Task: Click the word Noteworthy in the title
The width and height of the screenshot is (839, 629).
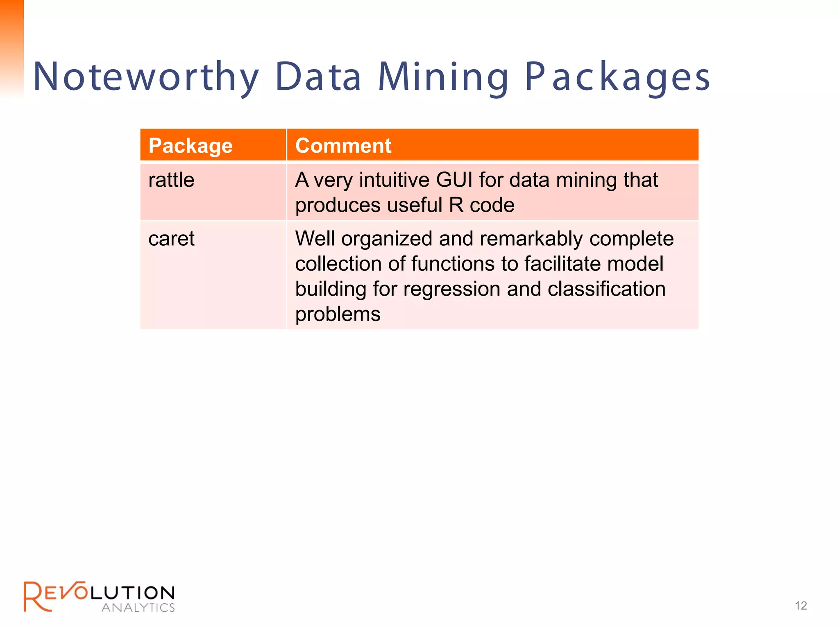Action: (x=145, y=77)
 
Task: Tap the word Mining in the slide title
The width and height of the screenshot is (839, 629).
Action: (x=443, y=77)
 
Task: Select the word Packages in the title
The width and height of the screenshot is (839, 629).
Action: (x=618, y=77)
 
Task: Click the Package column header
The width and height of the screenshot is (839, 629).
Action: (x=190, y=146)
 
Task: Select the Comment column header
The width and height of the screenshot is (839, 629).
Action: (x=343, y=146)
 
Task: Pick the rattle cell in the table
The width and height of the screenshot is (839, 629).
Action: (x=171, y=180)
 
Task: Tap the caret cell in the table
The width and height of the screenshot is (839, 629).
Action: (x=171, y=239)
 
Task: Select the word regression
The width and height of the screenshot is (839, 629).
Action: (x=452, y=289)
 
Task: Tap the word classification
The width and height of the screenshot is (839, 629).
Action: (x=606, y=289)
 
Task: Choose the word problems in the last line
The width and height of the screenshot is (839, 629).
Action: (x=338, y=314)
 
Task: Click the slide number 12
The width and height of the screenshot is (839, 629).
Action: (x=800, y=606)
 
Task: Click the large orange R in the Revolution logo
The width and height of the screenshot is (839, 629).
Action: (x=36, y=597)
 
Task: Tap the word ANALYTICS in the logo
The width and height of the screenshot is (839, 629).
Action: (x=138, y=608)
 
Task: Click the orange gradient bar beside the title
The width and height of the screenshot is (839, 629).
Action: (x=12, y=45)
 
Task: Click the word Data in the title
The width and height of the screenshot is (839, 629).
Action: (x=318, y=77)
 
